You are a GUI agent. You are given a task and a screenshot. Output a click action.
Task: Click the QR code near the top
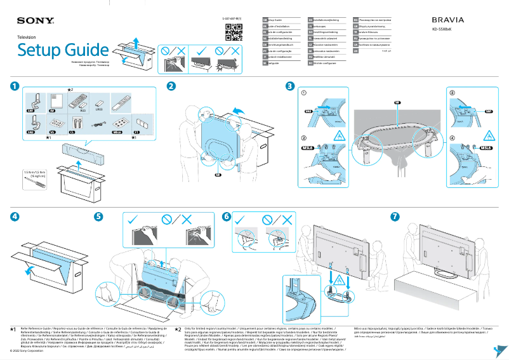(x=235, y=30)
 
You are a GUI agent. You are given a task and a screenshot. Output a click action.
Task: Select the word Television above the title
(x=27, y=38)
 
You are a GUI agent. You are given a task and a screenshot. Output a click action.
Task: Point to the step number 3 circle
(x=290, y=86)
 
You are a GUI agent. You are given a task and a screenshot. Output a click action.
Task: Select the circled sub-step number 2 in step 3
(x=304, y=138)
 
